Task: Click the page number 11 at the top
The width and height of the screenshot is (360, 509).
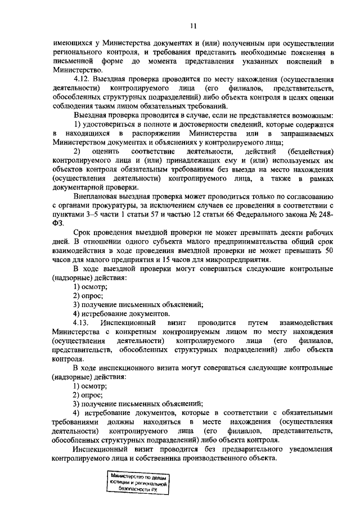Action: pos(192,25)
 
